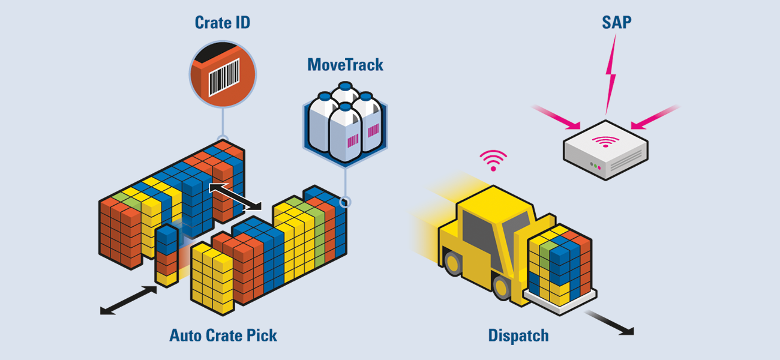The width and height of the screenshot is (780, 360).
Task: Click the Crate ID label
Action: [222, 23]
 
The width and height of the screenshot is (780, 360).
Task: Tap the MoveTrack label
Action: [345, 65]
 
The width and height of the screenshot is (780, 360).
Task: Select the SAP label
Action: [617, 22]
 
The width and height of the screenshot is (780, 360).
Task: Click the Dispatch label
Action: [518, 335]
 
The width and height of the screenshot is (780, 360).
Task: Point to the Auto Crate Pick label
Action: [223, 335]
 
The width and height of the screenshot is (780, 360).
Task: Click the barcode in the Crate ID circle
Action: [224, 77]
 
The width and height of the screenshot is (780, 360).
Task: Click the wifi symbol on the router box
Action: [605, 141]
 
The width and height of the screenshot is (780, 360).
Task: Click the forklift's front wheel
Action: [502, 287]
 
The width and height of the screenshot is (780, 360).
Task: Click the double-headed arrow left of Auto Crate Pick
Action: [128, 300]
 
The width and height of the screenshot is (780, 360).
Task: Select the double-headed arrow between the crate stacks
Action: [235, 197]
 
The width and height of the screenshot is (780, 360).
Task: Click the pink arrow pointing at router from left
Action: [556, 118]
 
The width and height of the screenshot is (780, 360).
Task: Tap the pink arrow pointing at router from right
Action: [655, 117]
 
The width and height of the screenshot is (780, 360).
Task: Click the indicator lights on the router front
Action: [595, 166]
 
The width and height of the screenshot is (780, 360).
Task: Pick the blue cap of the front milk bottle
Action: [345, 107]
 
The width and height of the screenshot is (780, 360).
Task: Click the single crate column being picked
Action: [167, 256]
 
